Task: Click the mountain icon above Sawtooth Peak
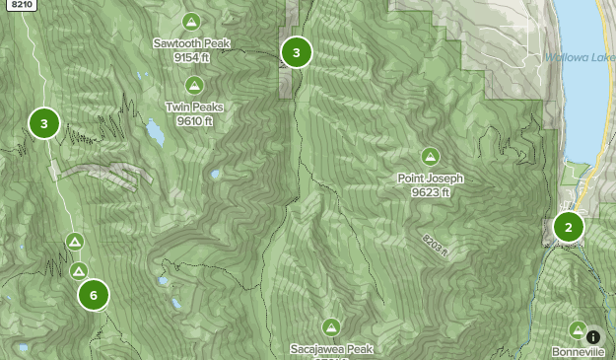(191, 22)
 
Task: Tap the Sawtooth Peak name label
(191, 42)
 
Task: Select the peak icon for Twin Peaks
(195, 86)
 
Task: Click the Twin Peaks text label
(195, 107)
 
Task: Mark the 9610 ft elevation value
(195, 120)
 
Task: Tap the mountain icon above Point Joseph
(431, 157)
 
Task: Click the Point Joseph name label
(431, 179)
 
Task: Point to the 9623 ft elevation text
(431, 192)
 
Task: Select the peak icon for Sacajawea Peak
(331, 327)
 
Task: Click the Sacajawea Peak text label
(332, 349)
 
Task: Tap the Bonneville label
(578, 352)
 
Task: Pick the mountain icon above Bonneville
(578, 329)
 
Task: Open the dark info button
(593, 336)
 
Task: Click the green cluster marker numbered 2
(568, 228)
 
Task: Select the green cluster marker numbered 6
(94, 294)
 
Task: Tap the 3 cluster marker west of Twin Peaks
(44, 123)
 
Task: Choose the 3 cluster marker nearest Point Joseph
(297, 52)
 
